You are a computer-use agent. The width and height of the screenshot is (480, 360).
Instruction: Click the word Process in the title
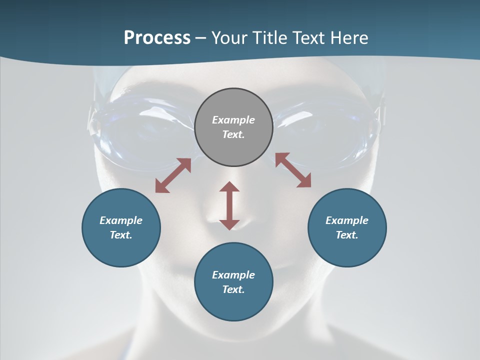pos(157,38)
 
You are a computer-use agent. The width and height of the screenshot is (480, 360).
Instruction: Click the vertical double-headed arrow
pos(229,205)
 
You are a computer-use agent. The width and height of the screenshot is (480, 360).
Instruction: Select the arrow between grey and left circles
pos(173,175)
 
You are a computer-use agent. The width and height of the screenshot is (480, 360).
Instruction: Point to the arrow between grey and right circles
pos(293,170)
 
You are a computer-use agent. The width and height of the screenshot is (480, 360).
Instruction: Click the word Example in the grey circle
pos(233,120)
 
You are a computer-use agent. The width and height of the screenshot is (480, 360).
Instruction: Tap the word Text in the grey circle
pos(233,134)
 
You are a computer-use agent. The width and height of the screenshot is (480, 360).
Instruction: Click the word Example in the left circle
pos(121,220)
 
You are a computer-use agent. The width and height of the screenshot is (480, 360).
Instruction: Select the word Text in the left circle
pos(121,235)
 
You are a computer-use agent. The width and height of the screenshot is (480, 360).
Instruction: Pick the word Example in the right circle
pos(347,220)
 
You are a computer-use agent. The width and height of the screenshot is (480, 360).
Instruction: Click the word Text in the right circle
pos(347,235)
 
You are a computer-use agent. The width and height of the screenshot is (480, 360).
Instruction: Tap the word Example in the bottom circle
pos(233,275)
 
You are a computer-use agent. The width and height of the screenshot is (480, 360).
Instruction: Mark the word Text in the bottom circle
pos(233,289)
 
